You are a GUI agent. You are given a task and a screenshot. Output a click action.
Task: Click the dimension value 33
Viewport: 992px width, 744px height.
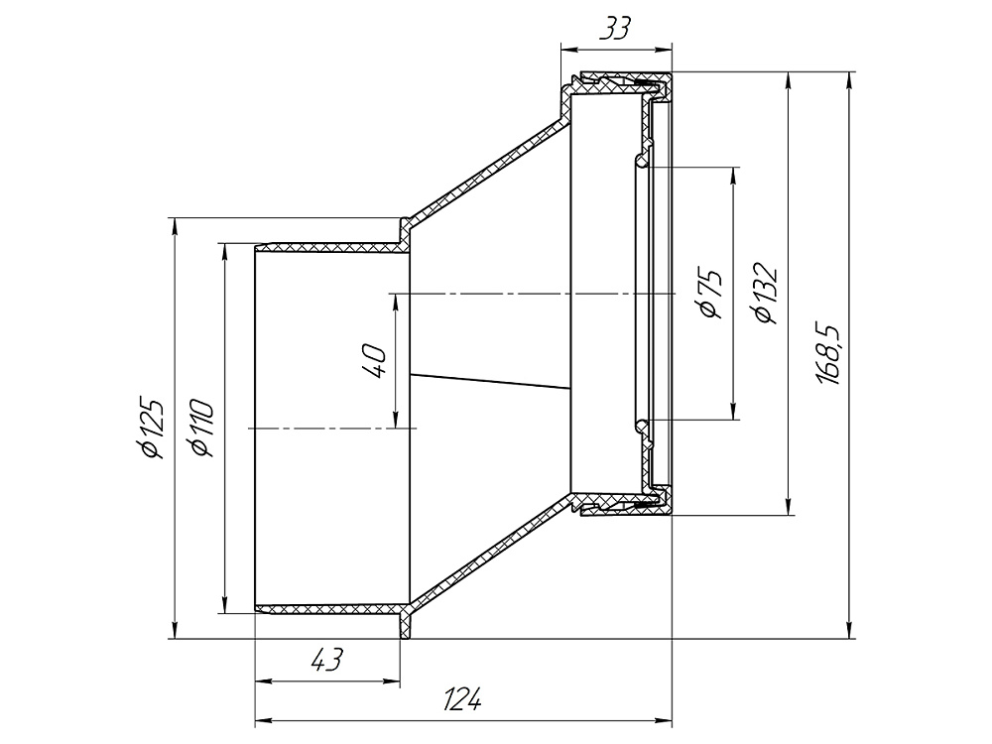point(615,29)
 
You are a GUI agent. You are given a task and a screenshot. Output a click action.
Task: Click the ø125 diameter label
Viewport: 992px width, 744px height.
point(153,429)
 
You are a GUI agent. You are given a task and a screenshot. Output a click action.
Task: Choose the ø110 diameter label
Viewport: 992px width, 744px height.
point(202,428)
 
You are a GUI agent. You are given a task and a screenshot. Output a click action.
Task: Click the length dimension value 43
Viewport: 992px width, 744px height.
point(327,660)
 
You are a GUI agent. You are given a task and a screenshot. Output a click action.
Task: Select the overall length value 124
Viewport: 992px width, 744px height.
point(462,699)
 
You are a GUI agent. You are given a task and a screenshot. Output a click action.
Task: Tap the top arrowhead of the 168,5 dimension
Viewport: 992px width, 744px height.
point(849,80)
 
